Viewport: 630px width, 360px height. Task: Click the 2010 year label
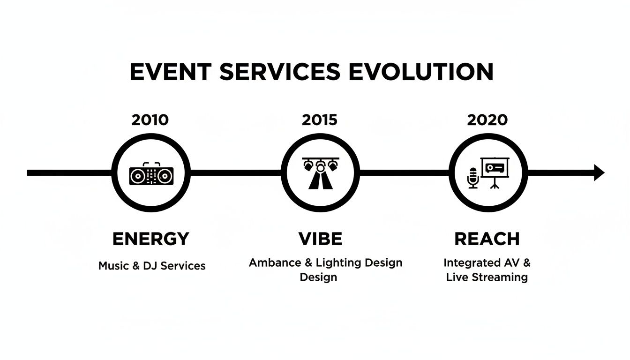150,120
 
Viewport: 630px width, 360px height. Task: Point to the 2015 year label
319,120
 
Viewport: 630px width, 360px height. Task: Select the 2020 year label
487,120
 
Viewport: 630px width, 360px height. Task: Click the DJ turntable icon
151,176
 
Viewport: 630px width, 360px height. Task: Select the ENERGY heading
150,239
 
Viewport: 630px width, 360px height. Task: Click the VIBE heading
320,239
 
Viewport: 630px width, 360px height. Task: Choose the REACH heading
487,239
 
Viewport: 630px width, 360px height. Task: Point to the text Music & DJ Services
152,266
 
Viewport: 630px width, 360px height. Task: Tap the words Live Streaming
487,277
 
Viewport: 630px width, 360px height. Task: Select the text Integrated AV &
487,262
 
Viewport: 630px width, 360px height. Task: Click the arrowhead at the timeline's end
599,172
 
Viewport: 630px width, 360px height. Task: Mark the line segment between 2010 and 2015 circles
235,172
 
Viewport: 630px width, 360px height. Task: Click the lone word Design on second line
318,277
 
